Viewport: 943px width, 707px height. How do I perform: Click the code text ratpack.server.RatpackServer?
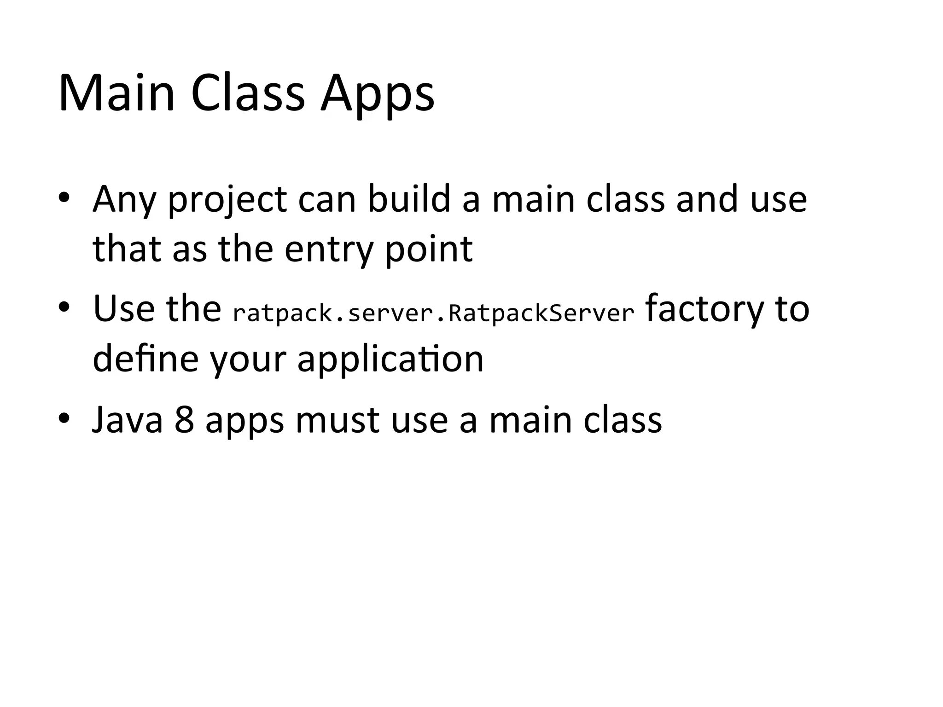pos(433,313)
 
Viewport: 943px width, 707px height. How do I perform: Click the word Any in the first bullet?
pos(124,200)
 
